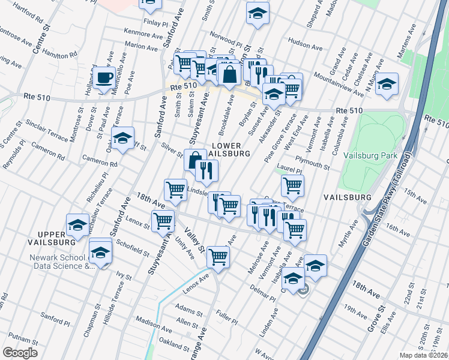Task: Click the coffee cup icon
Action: (x=104, y=77)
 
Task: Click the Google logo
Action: (x=20, y=353)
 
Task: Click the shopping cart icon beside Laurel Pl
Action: (x=292, y=185)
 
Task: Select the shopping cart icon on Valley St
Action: (x=218, y=257)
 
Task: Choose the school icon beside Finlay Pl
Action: (x=150, y=4)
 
